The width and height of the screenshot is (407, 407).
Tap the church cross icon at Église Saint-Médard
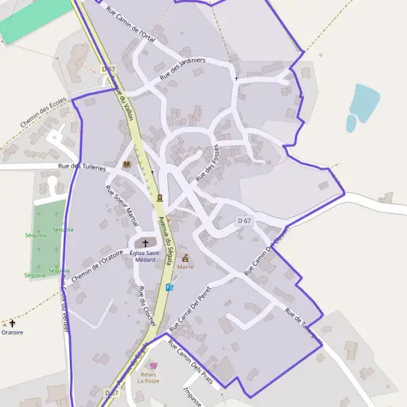(145, 243)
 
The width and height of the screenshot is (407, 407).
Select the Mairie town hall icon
(186, 258)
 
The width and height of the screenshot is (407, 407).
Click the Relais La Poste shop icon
(153, 365)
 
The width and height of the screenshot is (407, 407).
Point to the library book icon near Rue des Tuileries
(126, 164)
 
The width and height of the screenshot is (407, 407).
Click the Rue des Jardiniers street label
(182, 69)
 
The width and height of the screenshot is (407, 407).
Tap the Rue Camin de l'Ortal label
(132, 25)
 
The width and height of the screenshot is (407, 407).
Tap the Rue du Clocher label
(147, 306)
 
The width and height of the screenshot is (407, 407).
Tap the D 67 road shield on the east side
(245, 221)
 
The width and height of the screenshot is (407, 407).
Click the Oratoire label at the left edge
(12, 333)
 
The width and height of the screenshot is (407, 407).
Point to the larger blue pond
(365, 100)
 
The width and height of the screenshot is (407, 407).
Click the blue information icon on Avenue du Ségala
(169, 287)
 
